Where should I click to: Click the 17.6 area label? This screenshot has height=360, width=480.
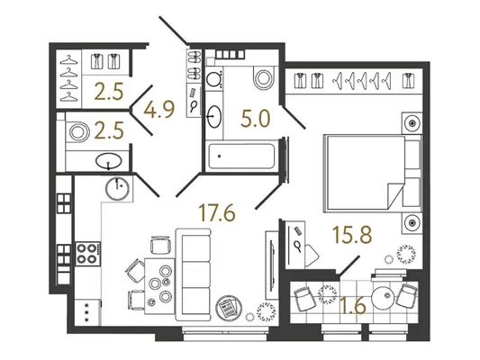tap(217, 212)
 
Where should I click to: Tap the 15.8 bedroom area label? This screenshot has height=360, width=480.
tap(352, 235)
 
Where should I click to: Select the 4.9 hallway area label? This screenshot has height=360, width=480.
tap(159, 110)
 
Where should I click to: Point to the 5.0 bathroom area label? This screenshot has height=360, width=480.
tap(256, 119)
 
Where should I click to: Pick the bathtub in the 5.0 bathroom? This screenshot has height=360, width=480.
tap(241, 156)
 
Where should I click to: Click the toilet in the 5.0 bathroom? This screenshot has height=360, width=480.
tap(264, 77)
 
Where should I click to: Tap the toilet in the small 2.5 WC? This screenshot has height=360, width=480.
tap(77, 131)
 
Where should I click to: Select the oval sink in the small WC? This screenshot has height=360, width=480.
tap(108, 161)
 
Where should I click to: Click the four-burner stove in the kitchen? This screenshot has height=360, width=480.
tap(88, 254)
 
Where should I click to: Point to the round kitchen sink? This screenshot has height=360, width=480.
tap(117, 189)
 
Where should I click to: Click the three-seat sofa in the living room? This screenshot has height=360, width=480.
tap(193, 274)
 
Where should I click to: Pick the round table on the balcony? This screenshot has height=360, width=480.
tap(383, 296)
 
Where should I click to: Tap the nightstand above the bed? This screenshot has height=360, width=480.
tap(412, 123)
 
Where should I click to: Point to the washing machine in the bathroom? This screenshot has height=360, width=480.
tap(214, 79)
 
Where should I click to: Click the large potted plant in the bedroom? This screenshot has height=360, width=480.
tap(406, 254)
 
